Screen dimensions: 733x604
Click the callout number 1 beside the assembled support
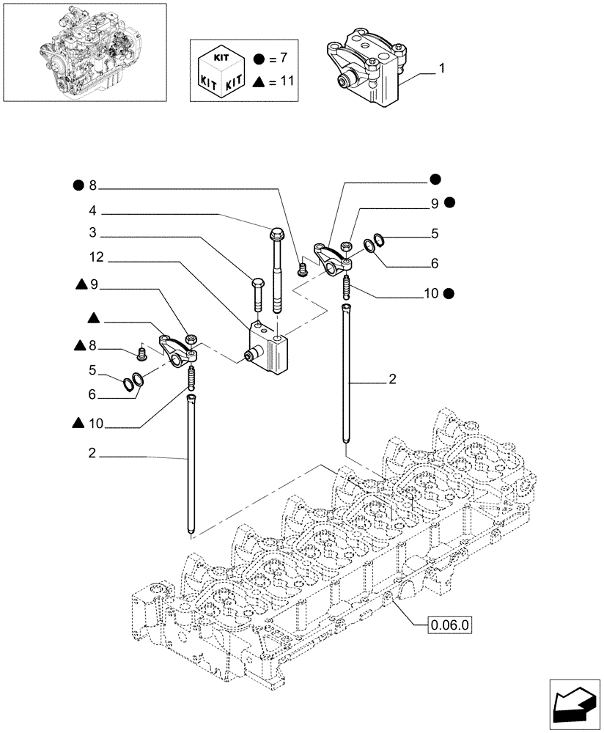[442, 69]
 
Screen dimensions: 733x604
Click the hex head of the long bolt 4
[278, 235]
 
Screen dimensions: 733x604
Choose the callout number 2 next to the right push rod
[392, 379]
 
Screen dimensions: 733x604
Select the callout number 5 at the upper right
[435, 235]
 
